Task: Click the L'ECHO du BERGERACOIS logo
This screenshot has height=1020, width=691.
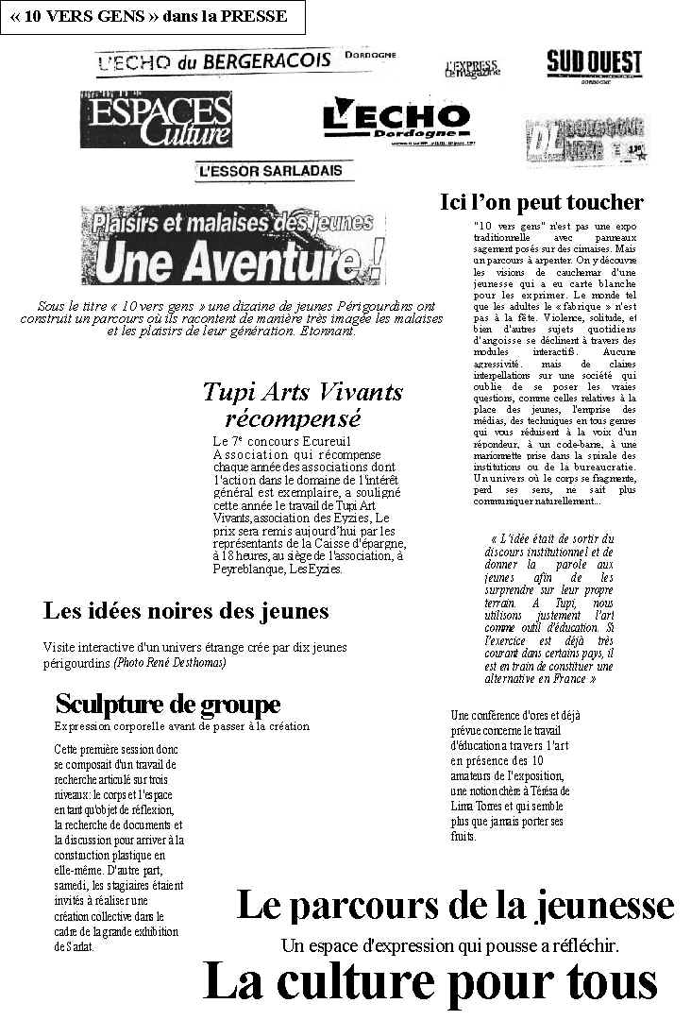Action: (213, 61)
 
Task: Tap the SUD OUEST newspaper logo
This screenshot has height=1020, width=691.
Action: (594, 65)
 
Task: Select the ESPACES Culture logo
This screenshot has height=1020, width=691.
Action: (156, 120)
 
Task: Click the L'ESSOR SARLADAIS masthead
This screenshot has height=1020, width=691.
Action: (261, 171)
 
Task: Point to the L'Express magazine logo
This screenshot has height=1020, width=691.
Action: (472, 69)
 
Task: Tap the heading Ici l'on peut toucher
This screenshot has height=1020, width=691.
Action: (542, 202)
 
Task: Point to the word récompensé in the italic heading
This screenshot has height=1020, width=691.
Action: (293, 418)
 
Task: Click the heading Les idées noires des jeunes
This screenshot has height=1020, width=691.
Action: (186, 611)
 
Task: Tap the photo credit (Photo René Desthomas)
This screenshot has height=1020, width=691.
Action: (170, 663)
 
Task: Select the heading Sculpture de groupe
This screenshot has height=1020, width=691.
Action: (168, 705)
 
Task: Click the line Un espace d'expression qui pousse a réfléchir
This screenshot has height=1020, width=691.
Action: (449, 944)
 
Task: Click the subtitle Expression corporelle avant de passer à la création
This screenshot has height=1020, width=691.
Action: (181, 726)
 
